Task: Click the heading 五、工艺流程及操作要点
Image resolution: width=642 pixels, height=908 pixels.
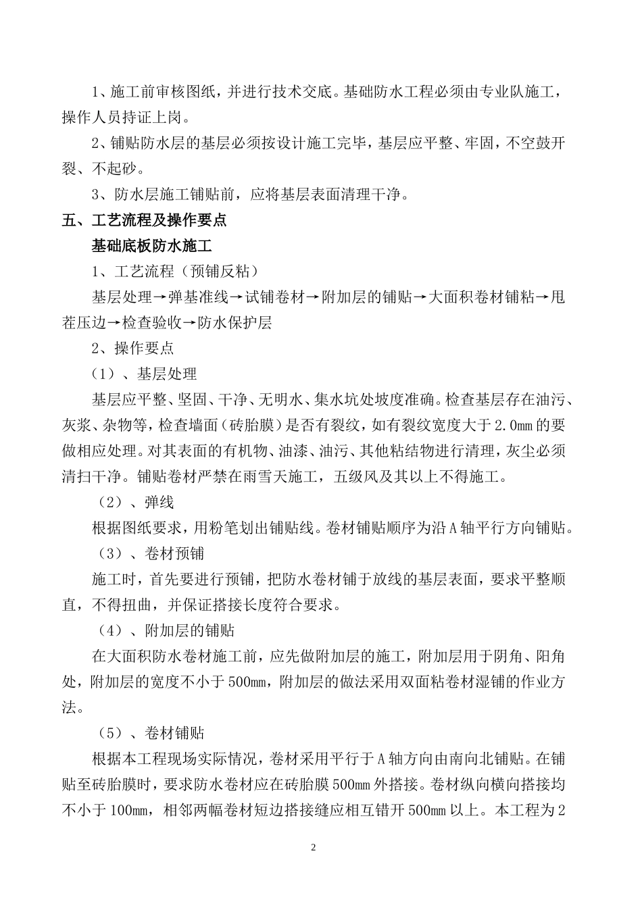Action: (144, 220)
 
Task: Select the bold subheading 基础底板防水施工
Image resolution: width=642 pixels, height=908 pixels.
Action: (152, 246)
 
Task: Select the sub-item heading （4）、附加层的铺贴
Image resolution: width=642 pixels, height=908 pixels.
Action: (162, 631)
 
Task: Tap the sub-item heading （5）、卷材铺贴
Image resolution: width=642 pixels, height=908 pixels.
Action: (147, 734)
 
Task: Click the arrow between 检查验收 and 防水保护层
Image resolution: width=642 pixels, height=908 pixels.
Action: (190, 323)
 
